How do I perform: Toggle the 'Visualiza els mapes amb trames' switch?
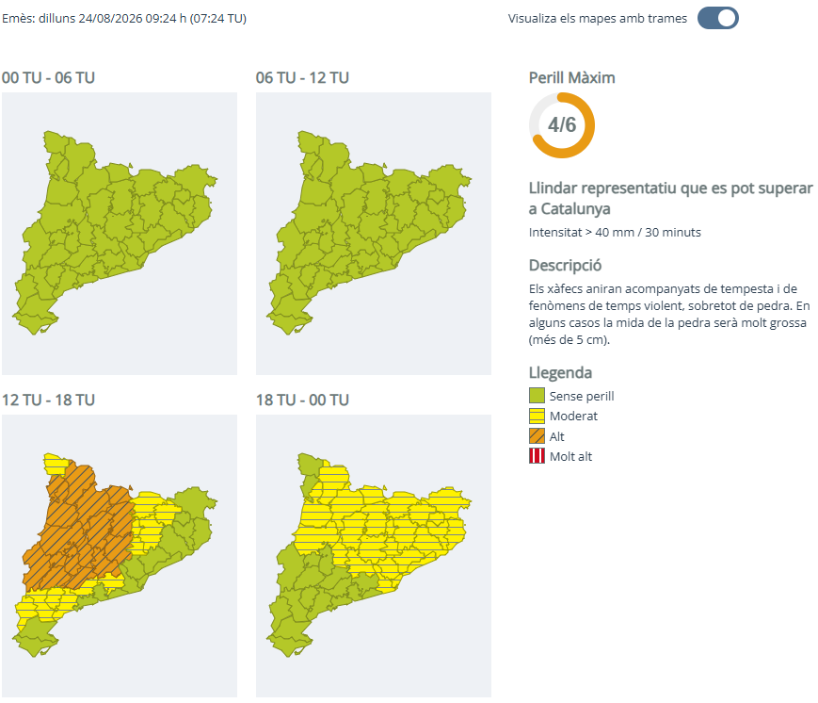718,18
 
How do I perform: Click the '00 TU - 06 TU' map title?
48,78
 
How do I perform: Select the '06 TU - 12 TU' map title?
302,78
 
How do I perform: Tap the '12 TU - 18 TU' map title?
48,401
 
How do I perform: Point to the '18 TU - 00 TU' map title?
302,401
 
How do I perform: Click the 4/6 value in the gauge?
562,124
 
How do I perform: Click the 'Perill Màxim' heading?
571,78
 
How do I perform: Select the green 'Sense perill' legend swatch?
537,396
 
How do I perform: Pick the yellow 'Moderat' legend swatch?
537,416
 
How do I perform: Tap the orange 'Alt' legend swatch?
537,436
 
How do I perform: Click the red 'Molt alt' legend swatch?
537,456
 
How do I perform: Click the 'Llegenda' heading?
560,373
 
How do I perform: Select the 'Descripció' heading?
565,266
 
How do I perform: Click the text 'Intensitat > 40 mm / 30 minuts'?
615,233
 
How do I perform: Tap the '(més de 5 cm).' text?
569,340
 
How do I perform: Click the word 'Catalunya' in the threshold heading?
575,209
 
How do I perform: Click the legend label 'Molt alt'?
570,456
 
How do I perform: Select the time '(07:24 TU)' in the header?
218,18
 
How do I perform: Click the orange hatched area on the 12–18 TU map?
78,528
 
